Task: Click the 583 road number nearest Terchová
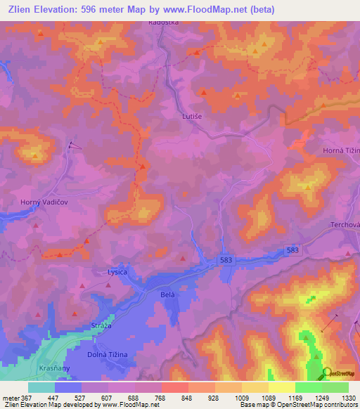[x=293, y=250]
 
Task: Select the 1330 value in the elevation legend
[x=349, y=397]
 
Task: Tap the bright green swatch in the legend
[x=308, y=387]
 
